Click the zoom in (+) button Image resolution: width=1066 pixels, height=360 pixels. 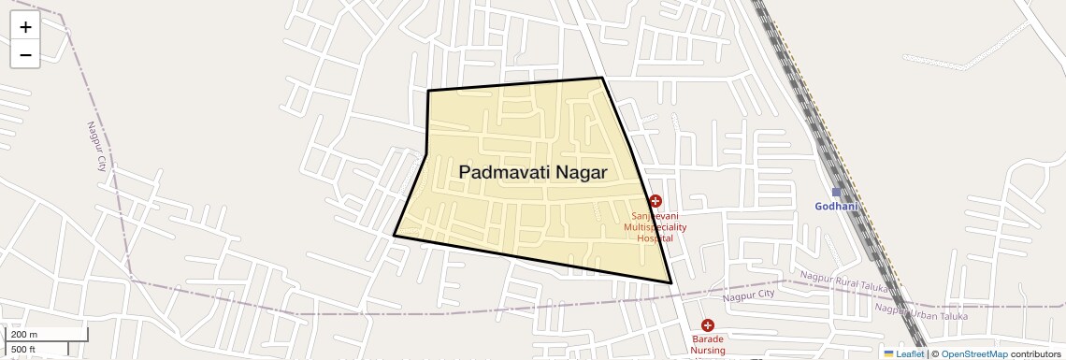click(25, 27)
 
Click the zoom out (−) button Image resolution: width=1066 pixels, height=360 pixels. click(25, 54)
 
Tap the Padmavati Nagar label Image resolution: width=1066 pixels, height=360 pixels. click(533, 173)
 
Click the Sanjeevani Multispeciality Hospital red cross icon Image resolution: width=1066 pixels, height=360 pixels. click(655, 201)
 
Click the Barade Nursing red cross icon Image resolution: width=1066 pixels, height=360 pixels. click(707, 325)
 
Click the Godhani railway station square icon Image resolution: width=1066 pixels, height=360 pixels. click(837, 193)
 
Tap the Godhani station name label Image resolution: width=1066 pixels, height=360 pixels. click(836, 207)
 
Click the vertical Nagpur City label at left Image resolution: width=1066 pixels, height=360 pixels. click(96, 146)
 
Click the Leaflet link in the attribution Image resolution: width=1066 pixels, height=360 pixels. click(909, 353)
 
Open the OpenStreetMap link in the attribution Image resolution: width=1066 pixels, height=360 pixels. click(974, 353)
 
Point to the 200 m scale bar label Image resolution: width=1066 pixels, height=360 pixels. click(24, 335)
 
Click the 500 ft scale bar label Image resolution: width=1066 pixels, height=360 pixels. click(24, 349)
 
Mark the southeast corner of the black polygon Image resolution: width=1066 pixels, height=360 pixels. click(671, 282)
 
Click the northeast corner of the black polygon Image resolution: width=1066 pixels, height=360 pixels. click(601, 78)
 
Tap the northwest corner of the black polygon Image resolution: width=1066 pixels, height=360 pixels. click(428, 91)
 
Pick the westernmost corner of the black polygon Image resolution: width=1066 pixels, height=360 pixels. click(394, 236)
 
